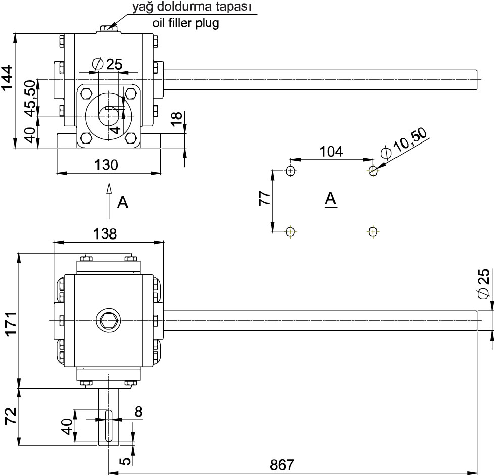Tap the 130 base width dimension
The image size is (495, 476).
pyautogui.click(x=107, y=165)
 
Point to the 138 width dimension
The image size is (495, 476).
pyautogui.click(x=105, y=234)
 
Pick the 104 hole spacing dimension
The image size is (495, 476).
pyautogui.click(x=331, y=151)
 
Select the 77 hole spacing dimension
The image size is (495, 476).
pyautogui.click(x=264, y=198)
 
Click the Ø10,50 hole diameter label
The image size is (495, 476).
pyautogui.click(x=405, y=144)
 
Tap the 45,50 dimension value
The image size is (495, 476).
pyautogui.click(x=30, y=98)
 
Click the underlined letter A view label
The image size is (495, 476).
pyautogui.click(x=331, y=199)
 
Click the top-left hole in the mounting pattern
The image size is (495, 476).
pyautogui.click(x=290, y=171)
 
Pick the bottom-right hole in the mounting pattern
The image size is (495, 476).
pyautogui.click(x=373, y=232)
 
